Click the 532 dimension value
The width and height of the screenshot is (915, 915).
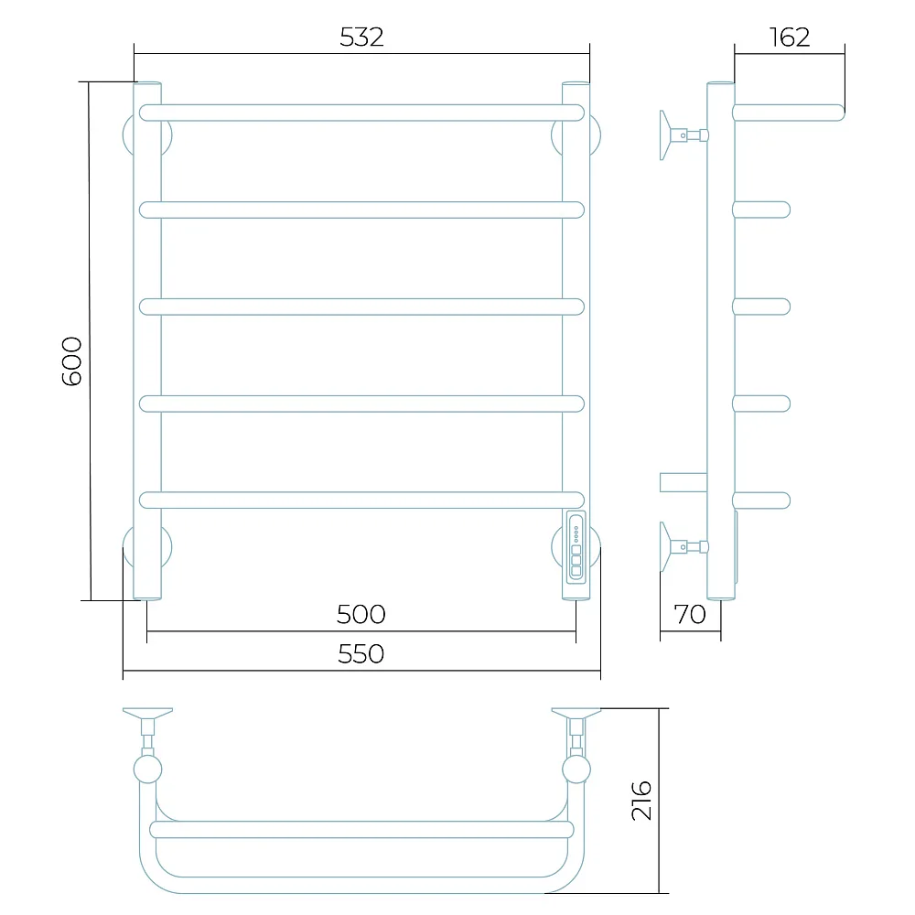tap(361, 38)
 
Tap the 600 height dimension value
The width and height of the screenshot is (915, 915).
tap(71, 361)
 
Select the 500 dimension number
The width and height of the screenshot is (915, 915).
tap(361, 615)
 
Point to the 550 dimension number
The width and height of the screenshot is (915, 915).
tap(361, 654)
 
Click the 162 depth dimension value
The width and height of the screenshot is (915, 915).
tap(790, 38)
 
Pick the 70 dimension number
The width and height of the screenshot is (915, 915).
tap(690, 615)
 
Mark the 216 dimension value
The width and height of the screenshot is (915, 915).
tap(641, 800)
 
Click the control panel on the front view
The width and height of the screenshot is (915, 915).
tap(576, 547)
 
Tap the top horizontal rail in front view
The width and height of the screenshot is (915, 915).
tap(361, 113)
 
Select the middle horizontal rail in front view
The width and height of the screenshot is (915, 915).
tap(361, 307)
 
